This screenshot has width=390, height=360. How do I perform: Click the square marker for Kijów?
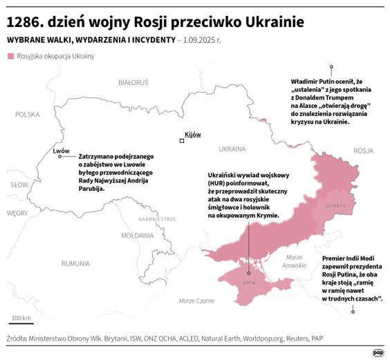point(182,141)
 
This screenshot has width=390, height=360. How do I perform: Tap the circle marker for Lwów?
point(60,156)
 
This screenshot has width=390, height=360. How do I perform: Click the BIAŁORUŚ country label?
point(133,82)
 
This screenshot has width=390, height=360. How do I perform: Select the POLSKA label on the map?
point(28,115)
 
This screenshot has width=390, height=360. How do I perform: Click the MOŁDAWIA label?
point(137,236)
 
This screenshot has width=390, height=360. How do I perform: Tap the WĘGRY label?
point(17,214)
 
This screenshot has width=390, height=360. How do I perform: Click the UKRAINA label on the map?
point(232,149)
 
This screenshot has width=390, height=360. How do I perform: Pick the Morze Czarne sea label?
point(196,301)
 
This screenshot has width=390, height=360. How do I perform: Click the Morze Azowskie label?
point(295,261)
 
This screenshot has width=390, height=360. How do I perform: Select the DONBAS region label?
point(336,205)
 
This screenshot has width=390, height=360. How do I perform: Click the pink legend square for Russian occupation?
point(10,55)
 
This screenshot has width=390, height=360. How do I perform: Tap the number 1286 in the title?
point(26,21)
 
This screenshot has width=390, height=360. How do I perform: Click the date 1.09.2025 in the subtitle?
point(201,40)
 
